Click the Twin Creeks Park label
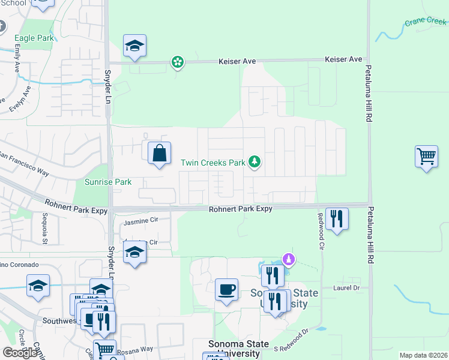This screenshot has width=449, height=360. (x=213, y=163)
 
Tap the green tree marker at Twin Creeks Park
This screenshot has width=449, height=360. (x=255, y=161)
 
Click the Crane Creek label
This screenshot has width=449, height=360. (x=426, y=21)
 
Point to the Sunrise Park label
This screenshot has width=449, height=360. (x=100, y=182)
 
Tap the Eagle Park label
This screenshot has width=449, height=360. (x=34, y=38)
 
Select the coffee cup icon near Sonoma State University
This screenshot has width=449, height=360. (x=226, y=290)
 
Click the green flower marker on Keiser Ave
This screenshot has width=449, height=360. (x=178, y=61)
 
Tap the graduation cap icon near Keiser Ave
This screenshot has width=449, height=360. (x=135, y=46)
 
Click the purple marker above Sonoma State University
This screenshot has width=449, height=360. (x=289, y=259)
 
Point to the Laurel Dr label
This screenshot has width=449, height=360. (x=346, y=288)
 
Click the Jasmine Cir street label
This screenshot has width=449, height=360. (x=140, y=222)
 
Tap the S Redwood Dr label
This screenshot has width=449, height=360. (x=291, y=339)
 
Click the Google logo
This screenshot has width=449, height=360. (x=19, y=353)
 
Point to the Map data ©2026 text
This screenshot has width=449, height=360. (x=423, y=355)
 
